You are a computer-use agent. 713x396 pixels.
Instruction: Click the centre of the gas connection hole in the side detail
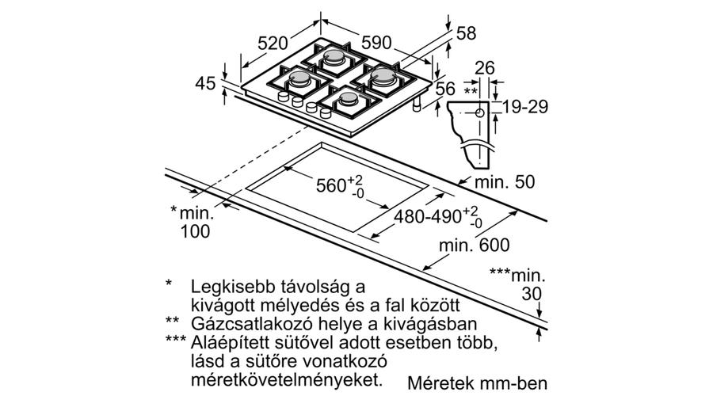point(480,113)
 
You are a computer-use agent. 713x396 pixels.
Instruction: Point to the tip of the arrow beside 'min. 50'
point(458,184)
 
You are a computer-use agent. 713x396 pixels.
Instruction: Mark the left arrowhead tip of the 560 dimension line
point(284,167)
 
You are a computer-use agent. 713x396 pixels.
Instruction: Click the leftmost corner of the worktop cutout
point(246,188)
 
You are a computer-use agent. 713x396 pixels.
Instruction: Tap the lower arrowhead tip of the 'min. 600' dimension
point(422,270)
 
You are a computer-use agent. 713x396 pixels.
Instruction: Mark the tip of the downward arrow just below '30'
point(540,317)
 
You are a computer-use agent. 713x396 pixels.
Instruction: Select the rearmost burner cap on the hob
point(334,56)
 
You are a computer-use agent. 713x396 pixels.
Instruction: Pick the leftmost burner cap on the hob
point(299,78)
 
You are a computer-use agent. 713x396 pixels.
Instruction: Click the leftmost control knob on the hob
point(283,97)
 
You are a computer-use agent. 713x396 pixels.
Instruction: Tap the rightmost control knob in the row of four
point(326,112)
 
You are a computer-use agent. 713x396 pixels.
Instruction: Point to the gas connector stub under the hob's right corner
point(417,105)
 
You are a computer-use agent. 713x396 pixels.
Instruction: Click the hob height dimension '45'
point(205,84)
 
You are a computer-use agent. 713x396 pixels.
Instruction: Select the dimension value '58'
point(466,33)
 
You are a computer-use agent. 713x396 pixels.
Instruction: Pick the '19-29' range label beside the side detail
point(525,107)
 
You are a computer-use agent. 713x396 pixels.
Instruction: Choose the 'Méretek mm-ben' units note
point(478,383)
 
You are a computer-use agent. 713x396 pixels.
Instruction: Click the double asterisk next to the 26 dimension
point(471,90)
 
